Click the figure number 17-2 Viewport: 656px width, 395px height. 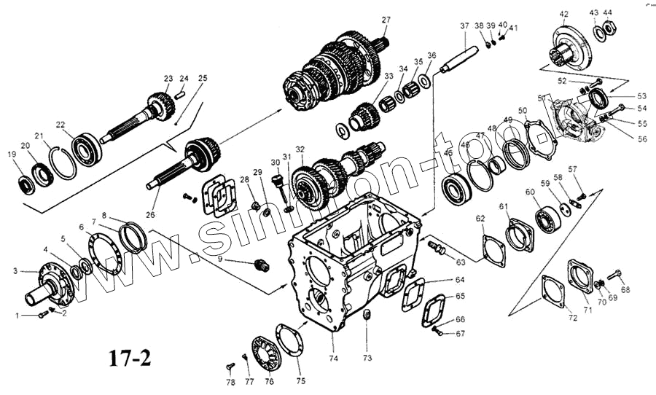coord(130,359)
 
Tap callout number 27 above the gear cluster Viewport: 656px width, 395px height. coord(386,20)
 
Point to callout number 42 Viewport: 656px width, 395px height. coord(563,14)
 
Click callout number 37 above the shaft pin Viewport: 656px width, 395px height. coord(464,26)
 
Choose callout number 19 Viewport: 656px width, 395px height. coord(12,154)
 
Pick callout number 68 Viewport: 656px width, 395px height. coord(625,290)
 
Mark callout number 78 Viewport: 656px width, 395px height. coord(230,382)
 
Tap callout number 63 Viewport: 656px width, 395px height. coord(461,262)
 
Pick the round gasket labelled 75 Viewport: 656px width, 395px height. coord(285,348)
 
